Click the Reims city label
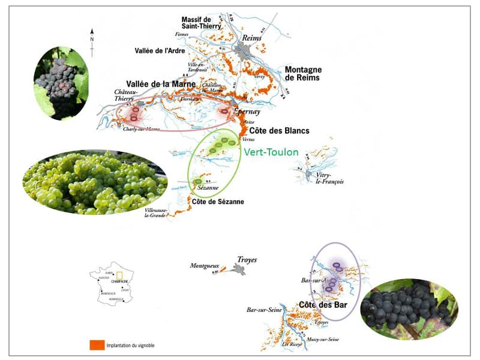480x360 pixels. coord(248,37)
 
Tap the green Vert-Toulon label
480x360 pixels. coord(271,152)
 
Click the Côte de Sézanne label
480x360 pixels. coord(217,202)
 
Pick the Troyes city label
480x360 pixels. coord(247,260)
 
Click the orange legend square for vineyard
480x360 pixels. coord(97,345)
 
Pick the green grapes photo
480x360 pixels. coord(94,182)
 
